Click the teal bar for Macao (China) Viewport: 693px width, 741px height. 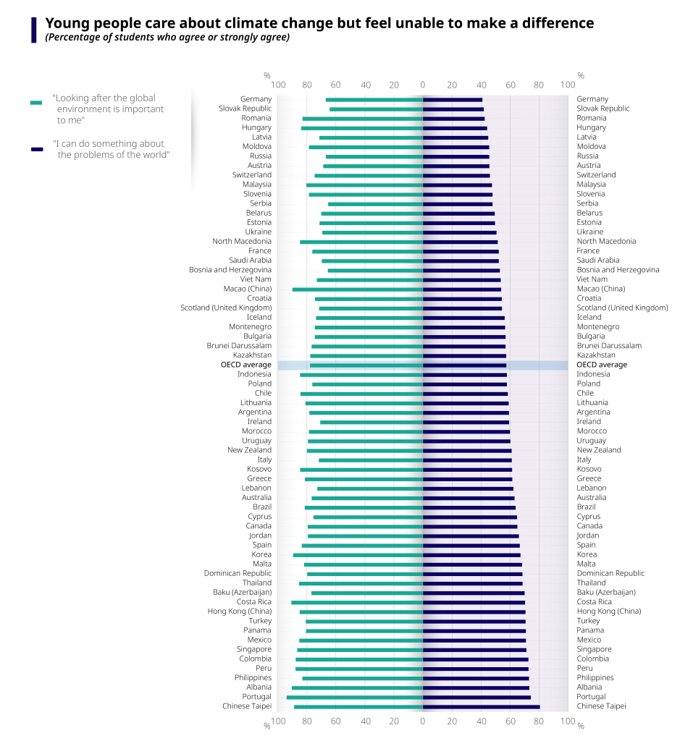[358, 289]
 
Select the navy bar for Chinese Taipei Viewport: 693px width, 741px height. [481, 706]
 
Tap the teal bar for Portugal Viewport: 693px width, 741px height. [355, 697]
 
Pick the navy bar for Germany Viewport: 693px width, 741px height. [453, 100]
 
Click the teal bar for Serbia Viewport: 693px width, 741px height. [375, 204]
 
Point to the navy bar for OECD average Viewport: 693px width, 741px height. [464, 365]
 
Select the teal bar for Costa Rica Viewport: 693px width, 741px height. [357, 602]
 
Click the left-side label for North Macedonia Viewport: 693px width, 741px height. [242, 242]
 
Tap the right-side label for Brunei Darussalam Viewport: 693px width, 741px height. [608, 346]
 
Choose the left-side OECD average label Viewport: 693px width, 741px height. [246, 365]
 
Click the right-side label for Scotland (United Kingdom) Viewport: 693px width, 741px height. [622, 308]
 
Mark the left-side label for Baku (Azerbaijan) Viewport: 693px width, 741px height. [242, 593]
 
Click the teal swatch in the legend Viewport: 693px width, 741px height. [36, 103]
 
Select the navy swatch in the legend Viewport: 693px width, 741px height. [36, 149]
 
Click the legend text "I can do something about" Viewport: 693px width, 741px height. [109, 144]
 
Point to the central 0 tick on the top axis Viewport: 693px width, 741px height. [423, 85]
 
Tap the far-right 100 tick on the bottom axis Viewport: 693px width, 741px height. [568, 721]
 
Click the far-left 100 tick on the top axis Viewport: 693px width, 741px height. [277, 85]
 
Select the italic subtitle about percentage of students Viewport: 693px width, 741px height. [167, 38]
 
